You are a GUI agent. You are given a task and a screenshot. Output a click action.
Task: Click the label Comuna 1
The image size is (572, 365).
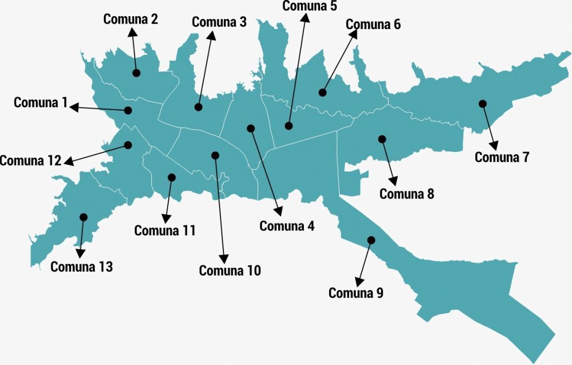pos(40,103)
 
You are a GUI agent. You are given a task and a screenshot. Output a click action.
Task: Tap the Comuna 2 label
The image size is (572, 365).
pos(131,20)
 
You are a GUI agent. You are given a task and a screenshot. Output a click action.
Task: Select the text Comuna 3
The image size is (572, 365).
pos(219,22)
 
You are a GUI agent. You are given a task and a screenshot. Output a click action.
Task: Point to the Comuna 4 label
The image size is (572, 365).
pos(287,226)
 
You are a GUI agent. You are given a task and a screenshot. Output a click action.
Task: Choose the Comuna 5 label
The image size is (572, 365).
pos(310,6)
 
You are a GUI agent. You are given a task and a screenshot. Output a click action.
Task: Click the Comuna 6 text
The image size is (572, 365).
pos(373,25)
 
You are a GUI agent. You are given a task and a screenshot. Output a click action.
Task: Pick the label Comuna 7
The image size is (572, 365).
pos(502,158)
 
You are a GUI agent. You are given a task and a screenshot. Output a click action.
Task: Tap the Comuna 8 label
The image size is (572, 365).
pos(407,195)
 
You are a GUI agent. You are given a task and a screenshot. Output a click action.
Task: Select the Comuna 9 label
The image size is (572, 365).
pos(356,293)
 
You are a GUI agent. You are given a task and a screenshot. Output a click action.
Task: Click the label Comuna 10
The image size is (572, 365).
pos(230,271)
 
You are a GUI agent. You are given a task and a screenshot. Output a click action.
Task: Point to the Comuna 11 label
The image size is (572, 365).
pos(165,230)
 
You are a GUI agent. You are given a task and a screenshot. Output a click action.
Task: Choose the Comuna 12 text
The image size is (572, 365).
pos(30,161)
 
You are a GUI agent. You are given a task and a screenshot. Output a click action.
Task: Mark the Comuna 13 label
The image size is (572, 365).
pos(82,267)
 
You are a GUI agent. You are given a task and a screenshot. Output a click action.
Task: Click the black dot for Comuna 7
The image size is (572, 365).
pos(483,103)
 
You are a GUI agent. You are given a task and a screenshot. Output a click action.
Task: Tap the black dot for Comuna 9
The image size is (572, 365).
pos(371,240)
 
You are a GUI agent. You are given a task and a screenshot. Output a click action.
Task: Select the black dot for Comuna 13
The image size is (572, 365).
pos(84,217)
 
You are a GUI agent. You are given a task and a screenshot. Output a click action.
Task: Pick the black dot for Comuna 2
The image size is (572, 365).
pos(136,73)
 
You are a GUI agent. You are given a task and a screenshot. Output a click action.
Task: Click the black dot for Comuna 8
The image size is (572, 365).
pos(382,139)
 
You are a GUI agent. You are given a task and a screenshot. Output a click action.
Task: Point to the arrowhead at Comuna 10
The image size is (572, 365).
pos(224,258)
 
